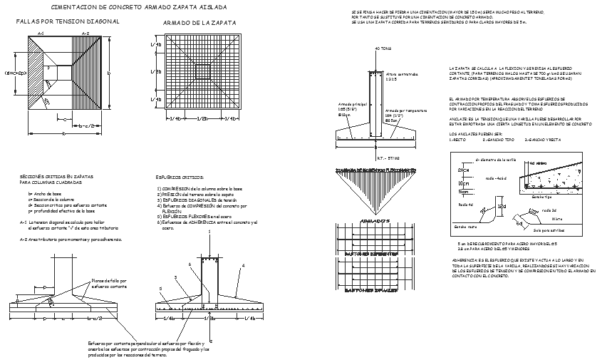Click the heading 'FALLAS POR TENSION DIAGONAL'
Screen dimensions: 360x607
coord(67,21)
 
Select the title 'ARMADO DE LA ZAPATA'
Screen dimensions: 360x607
coord(199,23)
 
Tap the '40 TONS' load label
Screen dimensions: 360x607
coord(383,49)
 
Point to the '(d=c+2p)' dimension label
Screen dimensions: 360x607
coord(15,73)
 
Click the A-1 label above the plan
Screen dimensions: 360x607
coord(40,34)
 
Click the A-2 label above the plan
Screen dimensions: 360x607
coord(85,34)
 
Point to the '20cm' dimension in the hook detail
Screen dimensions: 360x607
coord(464,171)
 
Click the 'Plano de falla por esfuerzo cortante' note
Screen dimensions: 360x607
coord(108,284)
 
